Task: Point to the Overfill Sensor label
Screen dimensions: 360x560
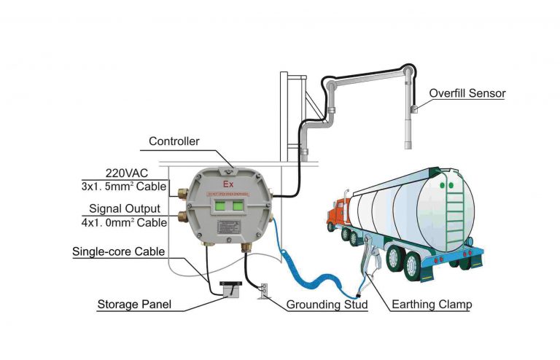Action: click(x=467, y=93)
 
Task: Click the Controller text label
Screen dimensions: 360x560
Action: click(x=174, y=141)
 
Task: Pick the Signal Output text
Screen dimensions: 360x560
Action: click(x=125, y=211)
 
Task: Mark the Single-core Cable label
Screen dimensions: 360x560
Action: click(x=118, y=252)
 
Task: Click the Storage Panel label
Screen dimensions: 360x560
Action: click(x=135, y=303)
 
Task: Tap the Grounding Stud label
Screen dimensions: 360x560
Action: click(x=327, y=303)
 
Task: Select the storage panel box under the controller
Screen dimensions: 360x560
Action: click(x=229, y=289)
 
